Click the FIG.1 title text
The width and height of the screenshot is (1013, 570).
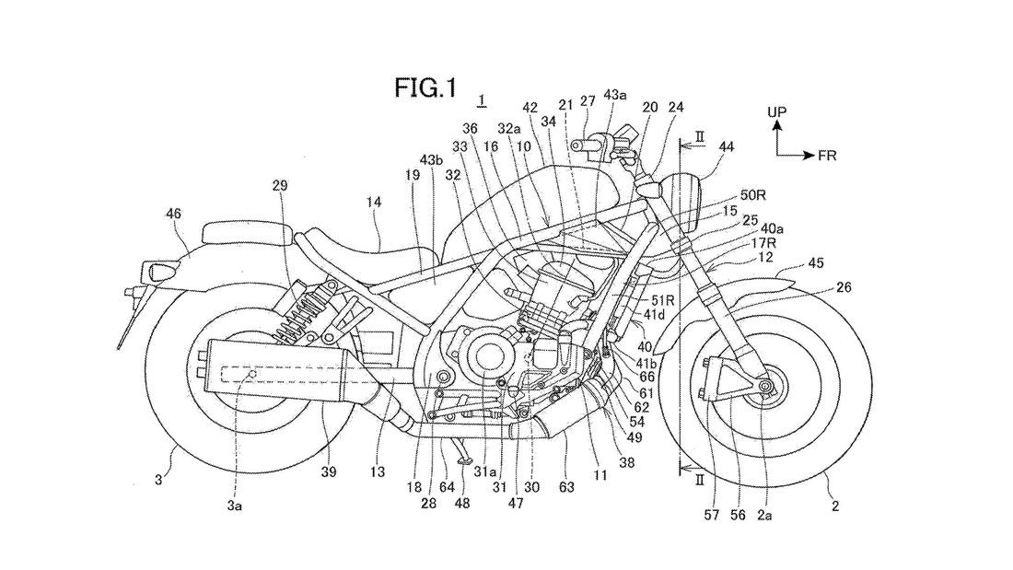[x=425, y=87]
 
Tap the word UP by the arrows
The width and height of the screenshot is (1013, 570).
[x=777, y=112]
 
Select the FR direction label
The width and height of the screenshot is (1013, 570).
[x=828, y=156]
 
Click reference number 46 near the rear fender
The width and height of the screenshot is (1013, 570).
[x=173, y=214]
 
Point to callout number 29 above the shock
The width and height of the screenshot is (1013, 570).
[x=280, y=185]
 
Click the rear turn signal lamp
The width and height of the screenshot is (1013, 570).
[x=156, y=272]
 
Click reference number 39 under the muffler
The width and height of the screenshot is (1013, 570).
[x=330, y=471]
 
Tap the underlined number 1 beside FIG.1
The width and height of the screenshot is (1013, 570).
[x=483, y=99]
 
